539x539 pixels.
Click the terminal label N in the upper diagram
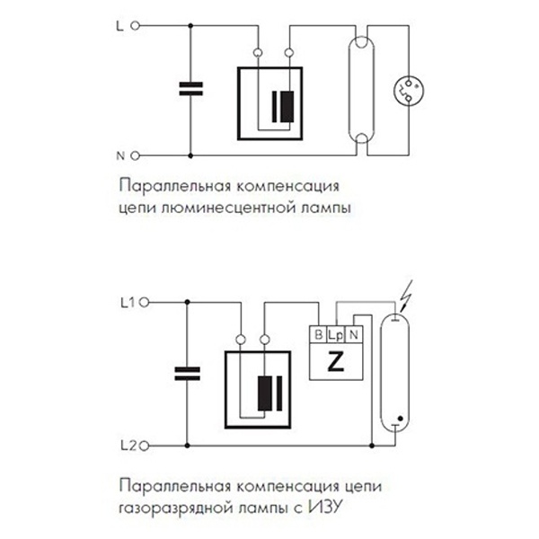tap(121, 155)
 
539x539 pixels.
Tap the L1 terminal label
tap(125, 303)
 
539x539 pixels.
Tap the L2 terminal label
tap(125, 443)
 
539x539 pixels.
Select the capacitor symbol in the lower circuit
tap(184, 373)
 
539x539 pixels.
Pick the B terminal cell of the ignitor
tap(317, 335)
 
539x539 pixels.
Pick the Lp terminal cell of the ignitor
tap(336, 335)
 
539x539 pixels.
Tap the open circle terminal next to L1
tap(144, 303)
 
